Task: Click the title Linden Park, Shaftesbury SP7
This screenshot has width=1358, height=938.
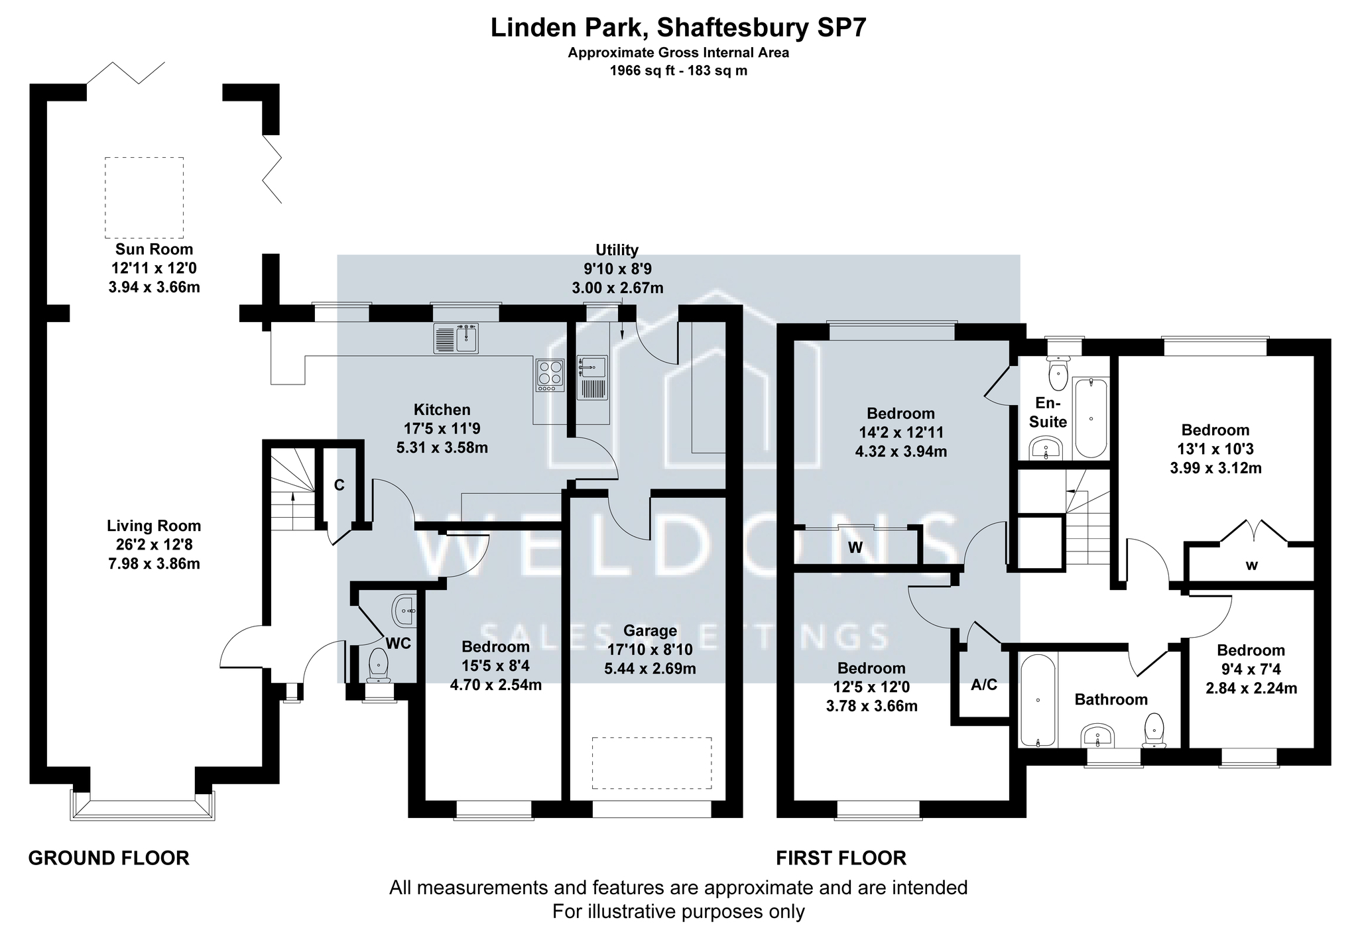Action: pos(678,29)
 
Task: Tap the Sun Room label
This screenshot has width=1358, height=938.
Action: pos(154,250)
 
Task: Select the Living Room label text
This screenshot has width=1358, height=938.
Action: pos(154,526)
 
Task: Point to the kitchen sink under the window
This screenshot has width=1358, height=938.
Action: pos(456,338)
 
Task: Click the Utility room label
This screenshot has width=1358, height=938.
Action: pos(617,250)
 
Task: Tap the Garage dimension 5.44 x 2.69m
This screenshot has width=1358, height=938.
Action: pos(650,669)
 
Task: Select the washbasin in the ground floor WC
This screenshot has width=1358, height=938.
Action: pos(404,611)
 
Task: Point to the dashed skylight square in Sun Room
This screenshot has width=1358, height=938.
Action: pos(144,198)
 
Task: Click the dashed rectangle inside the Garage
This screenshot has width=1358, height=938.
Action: pos(652,763)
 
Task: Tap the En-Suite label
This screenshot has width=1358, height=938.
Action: pos(1048,412)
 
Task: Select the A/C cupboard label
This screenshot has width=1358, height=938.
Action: pos(984,685)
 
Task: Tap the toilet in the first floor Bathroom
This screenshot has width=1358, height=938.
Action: pos(1154,731)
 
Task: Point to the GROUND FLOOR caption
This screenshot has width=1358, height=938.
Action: pos(109,858)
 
